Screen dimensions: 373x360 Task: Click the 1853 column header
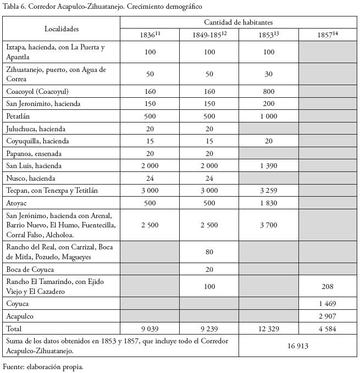coord(269,35)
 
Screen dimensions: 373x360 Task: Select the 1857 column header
coord(328,35)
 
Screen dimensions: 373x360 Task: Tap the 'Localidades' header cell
coord(62,29)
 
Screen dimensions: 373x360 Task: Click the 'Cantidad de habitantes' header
coord(239,23)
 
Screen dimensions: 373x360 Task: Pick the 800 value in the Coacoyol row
coord(269,91)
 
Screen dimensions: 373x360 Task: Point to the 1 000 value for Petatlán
coord(269,116)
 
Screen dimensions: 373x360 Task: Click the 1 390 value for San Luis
coord(269,166)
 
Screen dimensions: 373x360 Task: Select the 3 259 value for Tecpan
coord(269,191)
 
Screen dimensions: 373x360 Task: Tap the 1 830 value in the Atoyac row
coord(269,203)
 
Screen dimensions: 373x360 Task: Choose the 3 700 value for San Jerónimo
coord(269,225)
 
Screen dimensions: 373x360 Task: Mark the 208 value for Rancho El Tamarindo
coord(328,287)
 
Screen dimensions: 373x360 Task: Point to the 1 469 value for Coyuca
coord(328,304)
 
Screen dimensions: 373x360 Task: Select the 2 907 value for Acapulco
coord(328,316)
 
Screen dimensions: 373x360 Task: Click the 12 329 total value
coord(269,329)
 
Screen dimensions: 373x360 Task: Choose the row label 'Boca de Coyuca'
coord(30,270)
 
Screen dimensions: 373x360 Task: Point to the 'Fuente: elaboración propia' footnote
coord(43,366)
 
